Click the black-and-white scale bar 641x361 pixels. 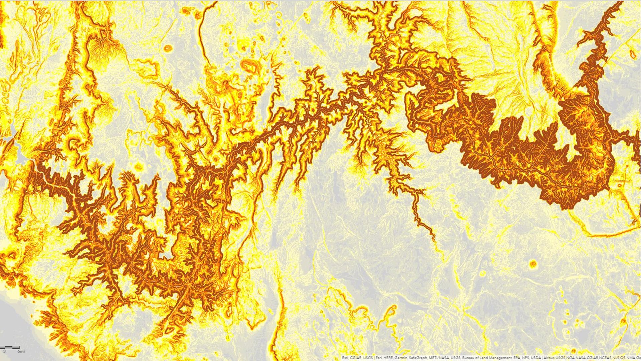click(x=10, y=348)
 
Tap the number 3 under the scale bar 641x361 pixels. click(x=4, y=352)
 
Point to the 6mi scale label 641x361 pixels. click(x=21, y=352)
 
